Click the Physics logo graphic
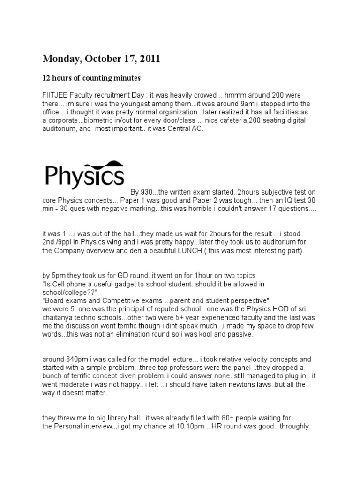point(84,174)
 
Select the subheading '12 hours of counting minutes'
point(91,77)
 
